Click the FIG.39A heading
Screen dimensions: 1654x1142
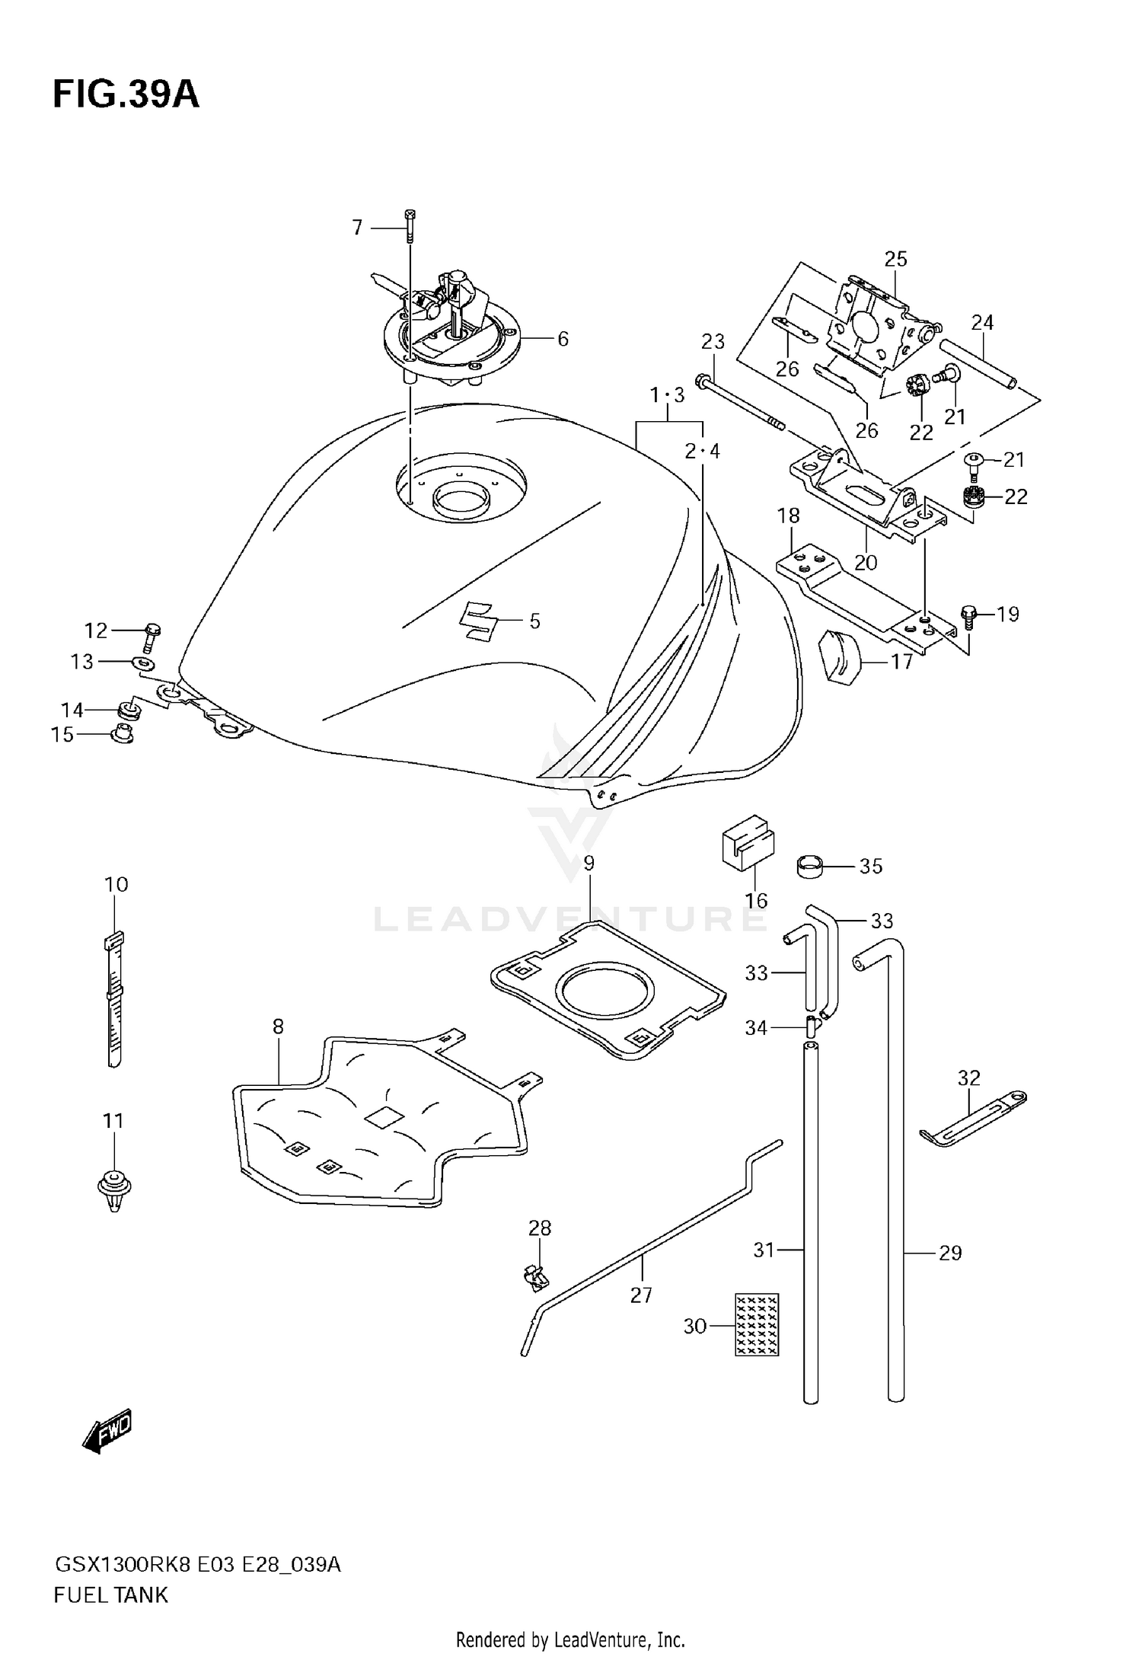[126, 95]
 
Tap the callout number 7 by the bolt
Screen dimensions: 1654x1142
[357, 228]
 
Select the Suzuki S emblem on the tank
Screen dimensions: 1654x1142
[478, 621]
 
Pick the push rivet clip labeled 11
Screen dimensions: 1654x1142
[114, 1189]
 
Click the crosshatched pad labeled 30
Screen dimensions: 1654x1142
[757, 1324]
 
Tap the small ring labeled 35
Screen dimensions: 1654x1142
[812, 867]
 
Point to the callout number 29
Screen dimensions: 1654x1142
[950, 1253]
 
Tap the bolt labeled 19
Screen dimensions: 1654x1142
[968, 614]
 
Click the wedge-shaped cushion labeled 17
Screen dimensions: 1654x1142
[839, 656]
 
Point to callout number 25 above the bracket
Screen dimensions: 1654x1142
[895, 259]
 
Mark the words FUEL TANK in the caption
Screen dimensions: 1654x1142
[110, 1595]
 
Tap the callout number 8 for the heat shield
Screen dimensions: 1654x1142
[278, 1027]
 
